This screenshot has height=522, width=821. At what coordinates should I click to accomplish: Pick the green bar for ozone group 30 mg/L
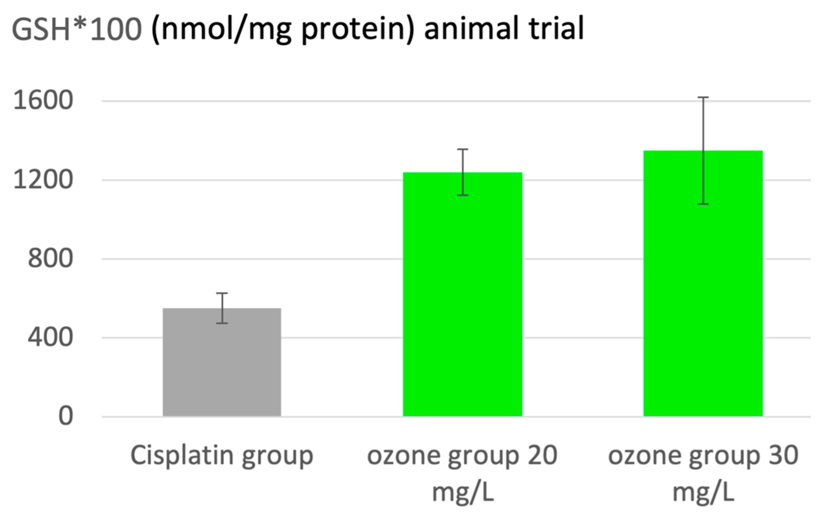[703, 283]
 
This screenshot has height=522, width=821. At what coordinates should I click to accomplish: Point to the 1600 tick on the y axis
[43, 101]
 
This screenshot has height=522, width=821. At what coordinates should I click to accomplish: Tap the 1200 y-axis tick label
[43, 180]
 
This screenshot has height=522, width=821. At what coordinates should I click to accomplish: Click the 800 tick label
[50, 258]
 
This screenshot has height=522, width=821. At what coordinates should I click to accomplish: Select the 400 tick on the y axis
[50, 337]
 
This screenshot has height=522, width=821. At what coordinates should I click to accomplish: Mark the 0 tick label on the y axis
[65, 416]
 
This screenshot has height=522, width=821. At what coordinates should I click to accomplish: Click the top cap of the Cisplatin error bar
[222, 293]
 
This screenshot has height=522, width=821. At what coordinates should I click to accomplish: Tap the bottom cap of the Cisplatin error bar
[222, 323]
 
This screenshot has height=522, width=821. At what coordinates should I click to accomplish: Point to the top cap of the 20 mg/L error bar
[462, 149]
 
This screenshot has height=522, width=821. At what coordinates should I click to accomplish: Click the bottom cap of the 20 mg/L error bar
[462, 195]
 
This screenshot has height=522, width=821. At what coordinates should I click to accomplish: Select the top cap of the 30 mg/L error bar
[703, 97]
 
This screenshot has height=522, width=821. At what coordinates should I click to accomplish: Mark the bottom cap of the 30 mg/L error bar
[703, 204]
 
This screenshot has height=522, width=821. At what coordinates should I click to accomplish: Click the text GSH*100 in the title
[76, 29]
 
